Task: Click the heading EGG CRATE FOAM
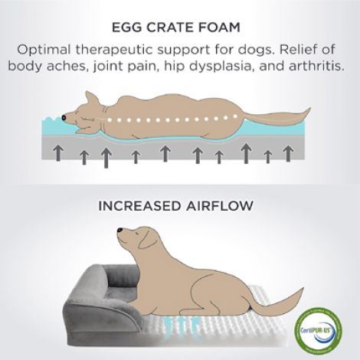(176, 28)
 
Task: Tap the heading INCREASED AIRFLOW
(176, 206)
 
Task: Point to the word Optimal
(44, 50)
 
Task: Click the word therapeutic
(114, 50)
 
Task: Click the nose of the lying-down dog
(64, 117)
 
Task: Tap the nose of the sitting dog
(119, 230)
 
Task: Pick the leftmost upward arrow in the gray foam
(59, 152)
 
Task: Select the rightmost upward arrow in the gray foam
(288, 154)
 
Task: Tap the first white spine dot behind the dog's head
(110, 119)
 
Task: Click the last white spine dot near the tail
(235, 116)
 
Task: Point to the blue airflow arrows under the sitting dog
(182, 323)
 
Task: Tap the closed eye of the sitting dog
(138, 233)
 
